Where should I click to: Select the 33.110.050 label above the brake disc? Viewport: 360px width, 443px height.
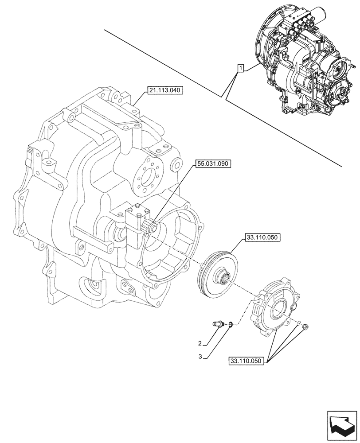[x=261, y=238]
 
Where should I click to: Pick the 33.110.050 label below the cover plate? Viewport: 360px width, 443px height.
[x=247, y=361]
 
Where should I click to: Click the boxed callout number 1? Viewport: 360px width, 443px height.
[x=240, y=68]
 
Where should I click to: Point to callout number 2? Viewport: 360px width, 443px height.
[x=200, y=343]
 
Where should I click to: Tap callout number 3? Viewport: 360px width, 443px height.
[x=200, y=356]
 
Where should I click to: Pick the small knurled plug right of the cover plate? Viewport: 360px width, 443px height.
[x=305, y=327]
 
